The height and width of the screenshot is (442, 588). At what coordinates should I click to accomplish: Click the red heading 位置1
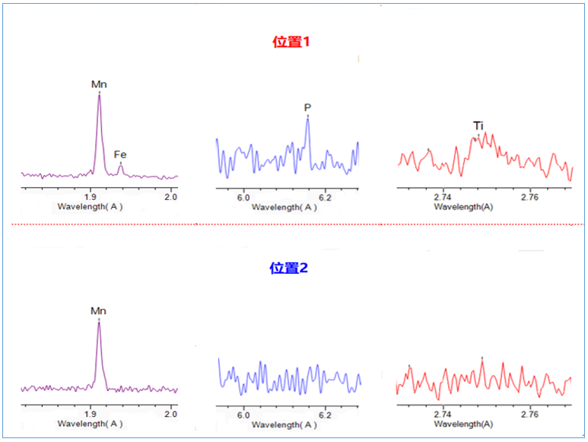pyautogui.click(x=293, y=43)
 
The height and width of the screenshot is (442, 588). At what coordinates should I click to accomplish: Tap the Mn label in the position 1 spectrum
pyautogui.click(x=99, y=84)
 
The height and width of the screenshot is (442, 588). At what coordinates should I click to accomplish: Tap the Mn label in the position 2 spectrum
pyautogui.click(x=99, y=310)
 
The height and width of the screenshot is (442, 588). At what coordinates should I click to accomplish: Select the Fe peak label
pyautogui.click(x=120, y=154)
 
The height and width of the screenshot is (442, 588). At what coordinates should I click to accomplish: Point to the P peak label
pyautogui.click(x=307, y=107)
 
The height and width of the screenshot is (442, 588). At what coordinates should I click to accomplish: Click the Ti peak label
pyautogui.click(x=478, y=126)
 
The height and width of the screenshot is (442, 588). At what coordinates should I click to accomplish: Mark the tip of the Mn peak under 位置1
pyautogui.click(x=99, y=95)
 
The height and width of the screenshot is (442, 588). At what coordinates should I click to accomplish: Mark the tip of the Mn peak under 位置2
pyautogui.click(x=99, y=322)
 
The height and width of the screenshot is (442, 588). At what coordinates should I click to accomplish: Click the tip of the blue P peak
pyautogui.click(x=307, y=119)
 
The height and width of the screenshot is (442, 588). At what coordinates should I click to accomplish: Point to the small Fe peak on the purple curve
pyautogui.click(x=120, y=164)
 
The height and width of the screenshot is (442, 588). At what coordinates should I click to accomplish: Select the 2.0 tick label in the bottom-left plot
pyautogui.click(x=170, y=415)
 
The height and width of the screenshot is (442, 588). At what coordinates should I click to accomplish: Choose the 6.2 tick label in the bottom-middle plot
pyautogui.click(x=325, y=415)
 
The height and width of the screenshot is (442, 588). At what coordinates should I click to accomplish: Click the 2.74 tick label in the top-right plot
pyautogui.click(x=443, y=197)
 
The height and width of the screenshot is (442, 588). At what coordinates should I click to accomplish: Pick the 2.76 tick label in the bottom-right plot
pyautogui.click(x=529, y=415)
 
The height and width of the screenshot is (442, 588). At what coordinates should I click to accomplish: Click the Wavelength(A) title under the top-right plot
pyautogui.click(x=467, y=206)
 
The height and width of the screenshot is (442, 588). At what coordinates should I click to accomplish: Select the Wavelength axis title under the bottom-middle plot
pyautogui.click(x=284, y=425)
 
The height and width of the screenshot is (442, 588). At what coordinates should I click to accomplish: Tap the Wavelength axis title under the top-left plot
pyautogui.click(x=91, y=206)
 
